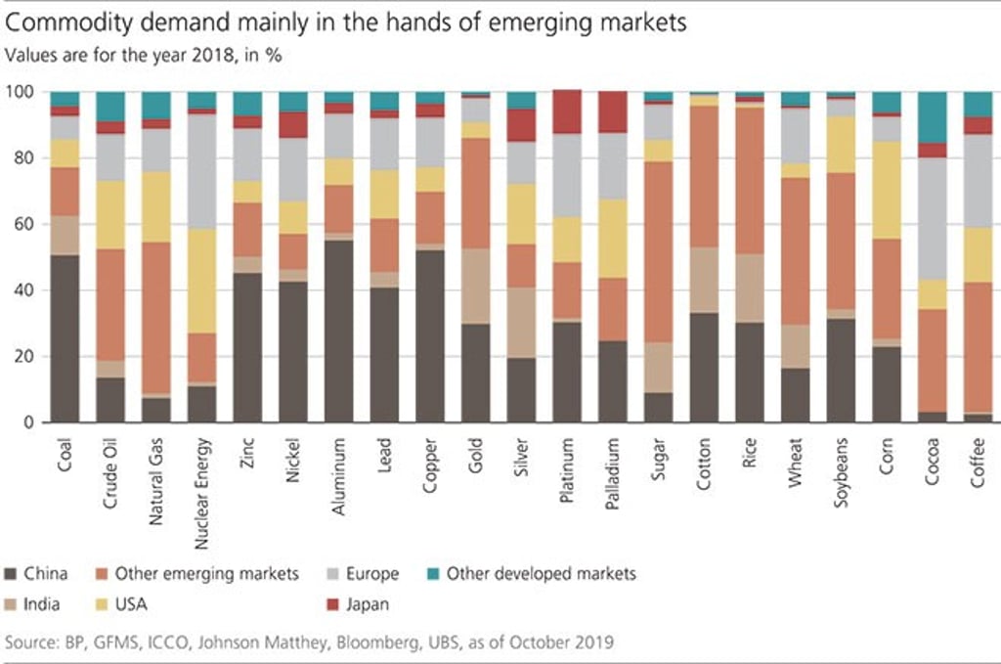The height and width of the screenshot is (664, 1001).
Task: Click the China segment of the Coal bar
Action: click(x=65, y=338)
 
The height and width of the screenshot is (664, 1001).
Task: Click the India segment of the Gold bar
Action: click(x=476, y=286)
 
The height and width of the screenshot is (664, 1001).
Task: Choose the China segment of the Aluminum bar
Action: click(x=339, y=332)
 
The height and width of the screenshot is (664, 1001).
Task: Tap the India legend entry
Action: click(x=41, y=604)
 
